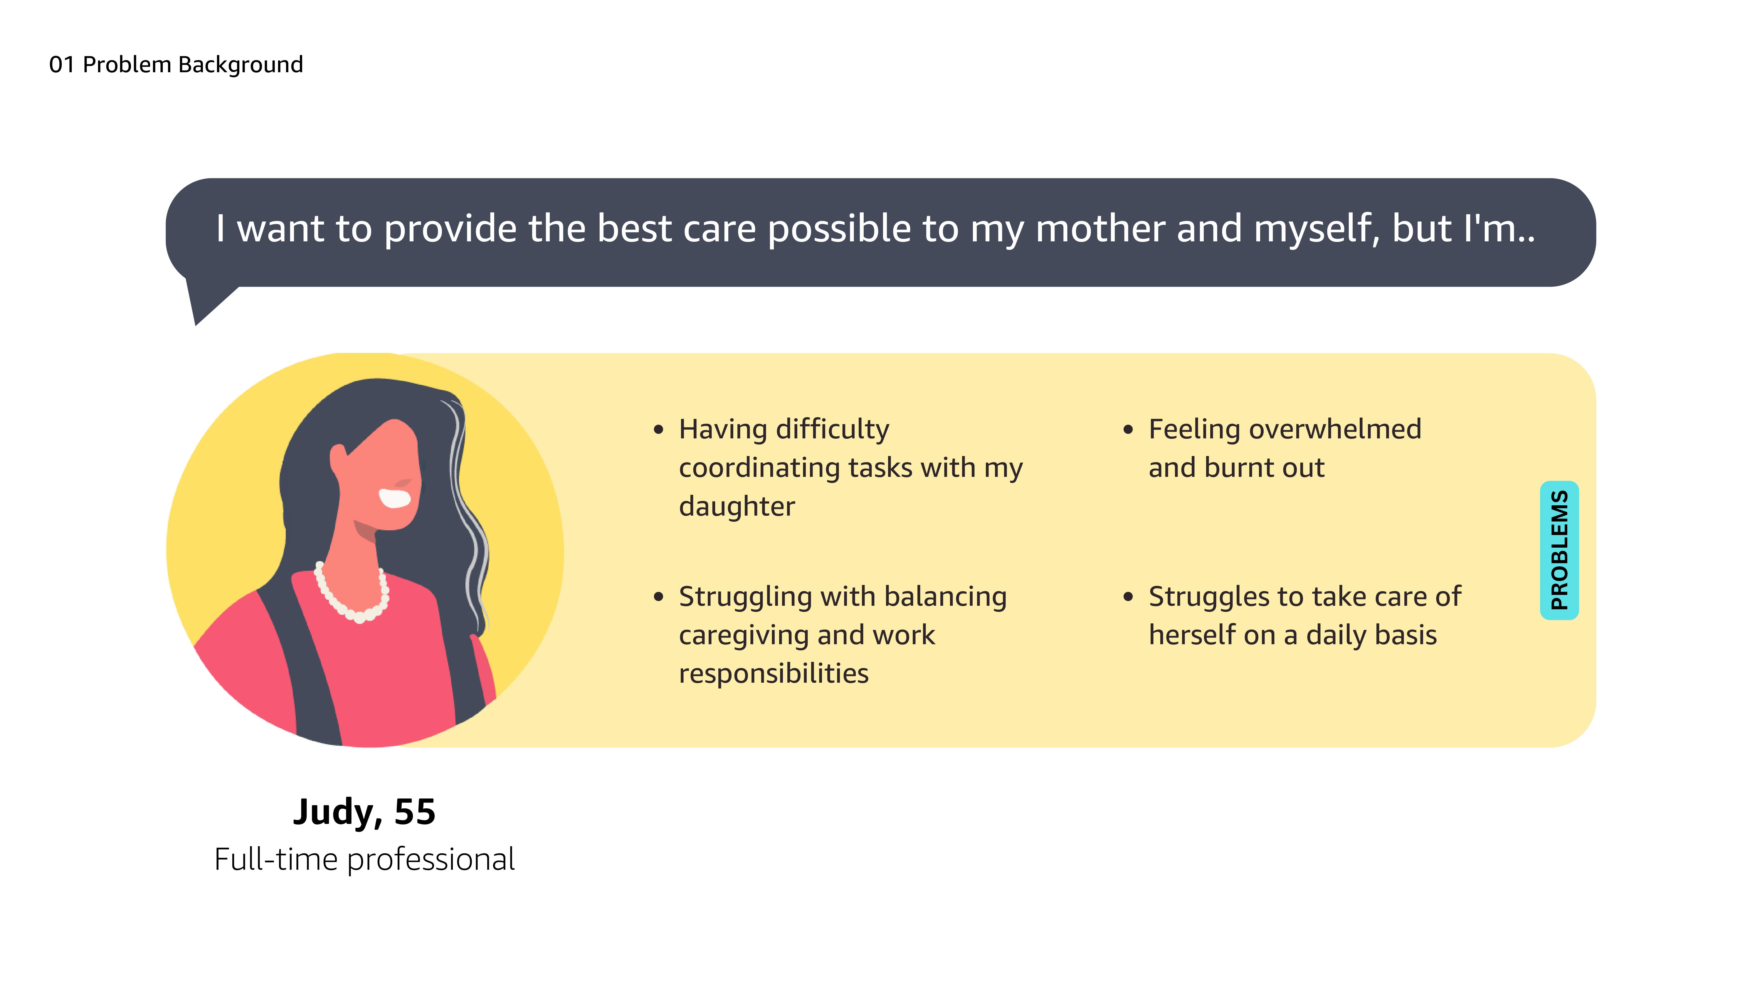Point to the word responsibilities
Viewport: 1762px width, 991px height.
(x=774, y=674)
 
